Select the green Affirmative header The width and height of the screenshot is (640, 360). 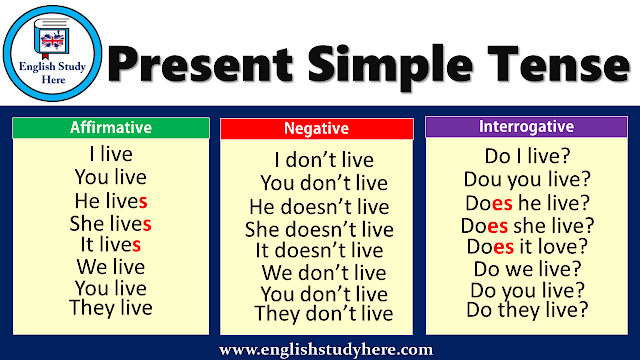point(110,128)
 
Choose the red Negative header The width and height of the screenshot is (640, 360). point(316,129)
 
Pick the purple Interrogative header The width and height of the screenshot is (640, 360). point(526,127)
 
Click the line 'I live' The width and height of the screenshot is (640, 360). point(110,155)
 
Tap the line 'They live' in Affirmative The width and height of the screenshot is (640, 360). point(110,308)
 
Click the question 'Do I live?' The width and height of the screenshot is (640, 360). point(526,157)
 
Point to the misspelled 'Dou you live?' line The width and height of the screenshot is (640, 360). point(526,180)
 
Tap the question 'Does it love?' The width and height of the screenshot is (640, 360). point(526,246)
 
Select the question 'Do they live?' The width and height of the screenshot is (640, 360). point(526,311)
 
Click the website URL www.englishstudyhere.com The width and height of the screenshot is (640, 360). point(326,348)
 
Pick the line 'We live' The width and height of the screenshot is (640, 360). point(110,266)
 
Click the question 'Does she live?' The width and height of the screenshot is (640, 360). point(526,224)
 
